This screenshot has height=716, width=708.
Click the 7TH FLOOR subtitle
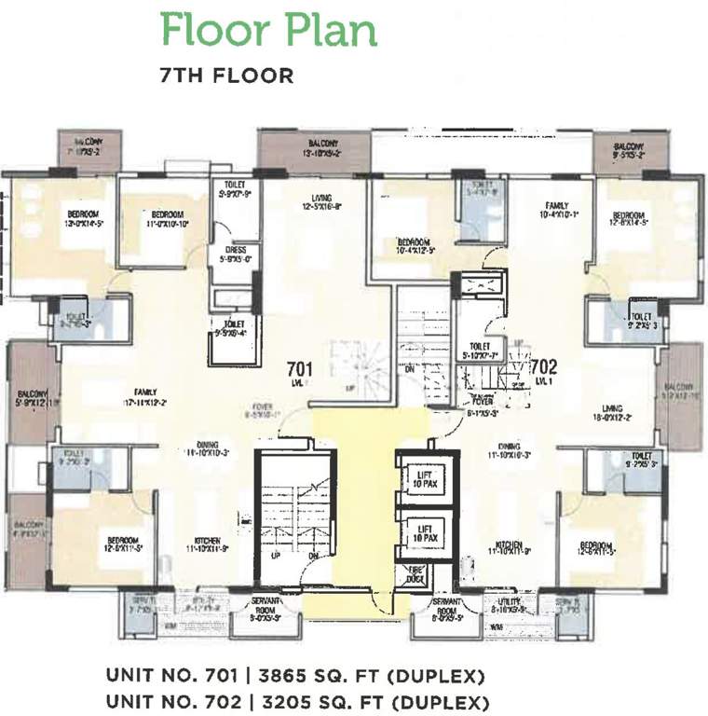pos(227,76)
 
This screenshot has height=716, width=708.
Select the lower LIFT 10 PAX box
pos(424,534)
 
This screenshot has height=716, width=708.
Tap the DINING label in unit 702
pos(509,450)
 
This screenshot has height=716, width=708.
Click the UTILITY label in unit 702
pos(509,604)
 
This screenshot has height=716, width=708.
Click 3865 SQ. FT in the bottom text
pos(294,675)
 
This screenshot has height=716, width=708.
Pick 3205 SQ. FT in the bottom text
pos(294,698)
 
